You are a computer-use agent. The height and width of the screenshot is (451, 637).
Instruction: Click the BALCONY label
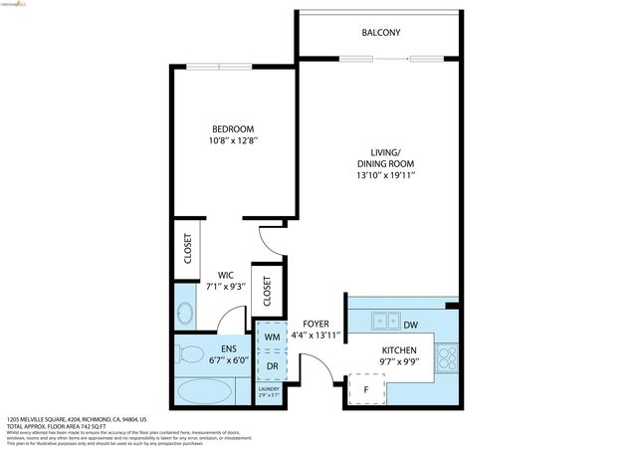381,33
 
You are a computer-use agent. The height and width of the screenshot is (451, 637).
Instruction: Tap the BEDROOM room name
233,129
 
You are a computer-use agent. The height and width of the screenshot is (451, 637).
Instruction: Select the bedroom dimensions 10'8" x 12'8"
233,142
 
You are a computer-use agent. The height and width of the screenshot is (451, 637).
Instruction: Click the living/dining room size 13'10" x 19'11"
385,176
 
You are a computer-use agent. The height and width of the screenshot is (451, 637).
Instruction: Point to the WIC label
226,276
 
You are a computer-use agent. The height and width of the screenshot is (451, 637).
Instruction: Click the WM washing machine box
272,338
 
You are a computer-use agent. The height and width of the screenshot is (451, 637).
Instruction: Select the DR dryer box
272,366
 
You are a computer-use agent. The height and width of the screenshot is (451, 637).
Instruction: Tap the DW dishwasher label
410,323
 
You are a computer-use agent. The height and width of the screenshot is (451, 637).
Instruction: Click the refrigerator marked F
365,389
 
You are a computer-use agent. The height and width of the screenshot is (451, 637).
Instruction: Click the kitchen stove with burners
447,353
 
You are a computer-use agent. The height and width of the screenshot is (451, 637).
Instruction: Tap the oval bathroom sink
185,315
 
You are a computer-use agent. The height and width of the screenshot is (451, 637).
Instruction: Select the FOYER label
316,325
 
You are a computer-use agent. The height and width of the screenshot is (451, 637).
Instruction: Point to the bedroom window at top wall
235,68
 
